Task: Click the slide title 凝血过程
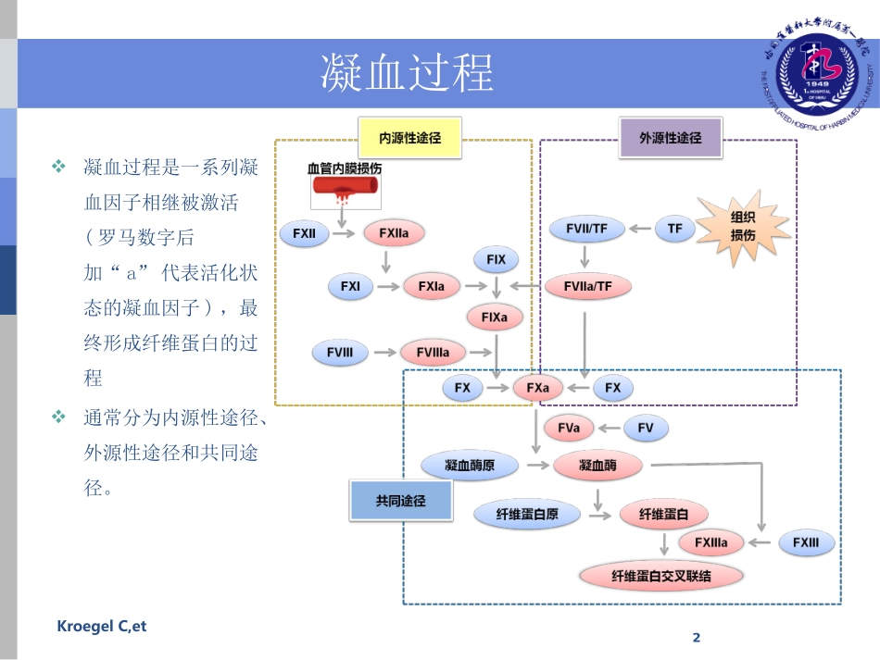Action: (407, 72)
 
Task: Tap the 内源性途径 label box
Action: (410, 138)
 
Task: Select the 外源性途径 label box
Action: (671, 137)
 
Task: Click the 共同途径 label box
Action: (400, 501)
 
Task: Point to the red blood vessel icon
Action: (345, 189)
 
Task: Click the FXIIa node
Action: (394, 234)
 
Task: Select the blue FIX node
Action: (496, 260)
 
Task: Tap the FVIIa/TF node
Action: (588, 287)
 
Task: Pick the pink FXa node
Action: (538, 388)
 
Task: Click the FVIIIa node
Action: (433, 353)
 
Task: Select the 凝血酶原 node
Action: (470, 466)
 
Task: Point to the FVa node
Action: (569, 429)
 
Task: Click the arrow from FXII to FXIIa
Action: (343, 234)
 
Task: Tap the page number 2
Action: (698, 638)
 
